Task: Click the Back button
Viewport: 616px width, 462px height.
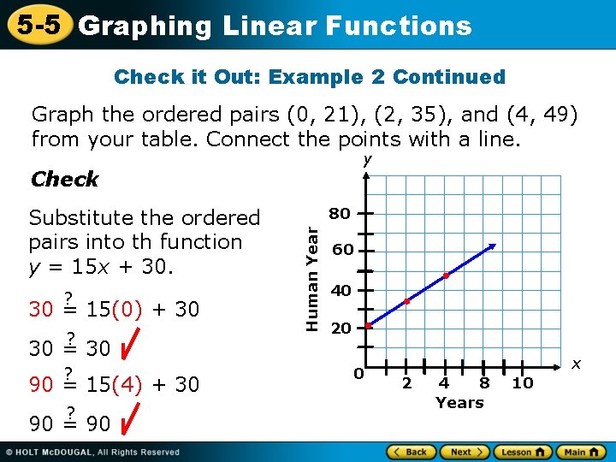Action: tap(411, 452)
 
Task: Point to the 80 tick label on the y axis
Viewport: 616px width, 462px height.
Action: tap(341, 214)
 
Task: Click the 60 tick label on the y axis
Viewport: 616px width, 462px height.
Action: tap(341, 252)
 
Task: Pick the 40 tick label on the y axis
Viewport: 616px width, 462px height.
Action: tap(341, 291)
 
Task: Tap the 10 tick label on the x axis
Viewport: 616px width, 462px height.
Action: tap(523, 383)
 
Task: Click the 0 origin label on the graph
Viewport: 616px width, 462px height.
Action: tap(359, 375)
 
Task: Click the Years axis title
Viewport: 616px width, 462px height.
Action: tap(459, 403)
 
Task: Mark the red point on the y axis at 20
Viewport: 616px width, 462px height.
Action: tap(368, 326)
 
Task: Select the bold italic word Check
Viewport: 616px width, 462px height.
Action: tap(64, 180)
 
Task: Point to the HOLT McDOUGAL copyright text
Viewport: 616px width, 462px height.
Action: tap(94, 452)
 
